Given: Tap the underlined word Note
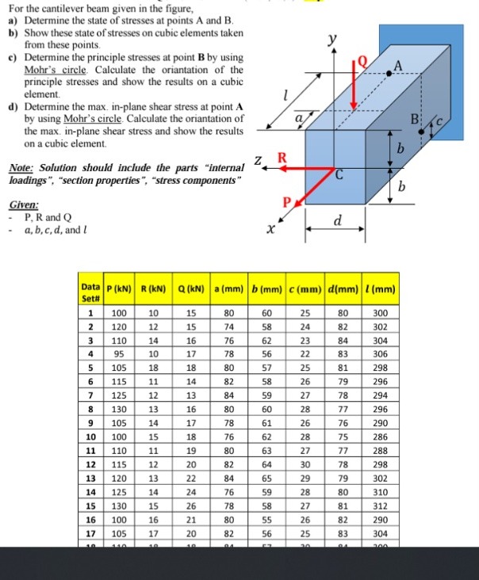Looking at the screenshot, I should [x=23, y=167].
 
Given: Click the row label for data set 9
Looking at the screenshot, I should [x=92, y=423].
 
